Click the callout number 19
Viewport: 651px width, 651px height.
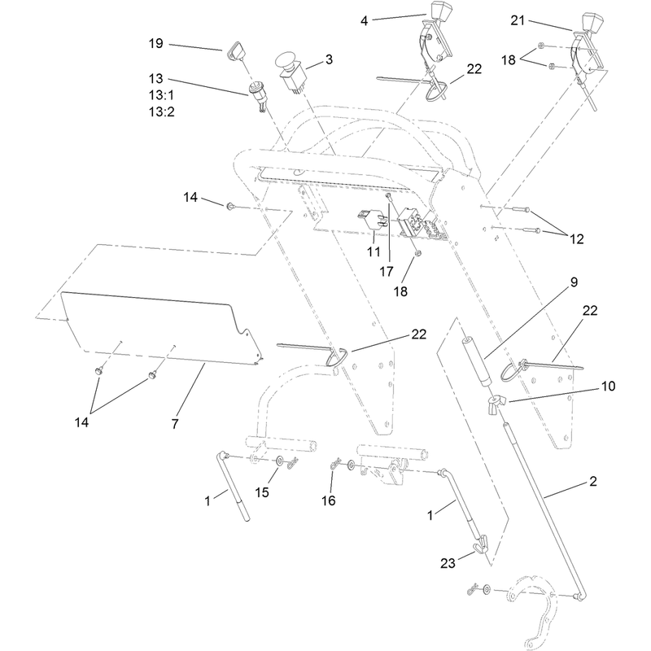pos(156,44)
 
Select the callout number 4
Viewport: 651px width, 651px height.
pos(364,21)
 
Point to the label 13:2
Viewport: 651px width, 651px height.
pos(161,111)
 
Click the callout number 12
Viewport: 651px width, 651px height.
pos(576,238)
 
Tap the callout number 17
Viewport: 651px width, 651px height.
pos(386,272)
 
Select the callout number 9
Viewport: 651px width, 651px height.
pos(574,282)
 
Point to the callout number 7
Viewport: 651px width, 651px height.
pos(175,424)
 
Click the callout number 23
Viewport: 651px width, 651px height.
pos(448,563)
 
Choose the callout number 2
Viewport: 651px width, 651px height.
pos(593,481)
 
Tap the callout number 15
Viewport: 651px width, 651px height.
pos(262,492)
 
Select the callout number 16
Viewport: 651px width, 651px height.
pos(328,500)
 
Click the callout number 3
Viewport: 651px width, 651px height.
pos(329,59)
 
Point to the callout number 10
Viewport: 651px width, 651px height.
pos(608,386)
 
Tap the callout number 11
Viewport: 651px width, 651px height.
pos(374,251)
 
